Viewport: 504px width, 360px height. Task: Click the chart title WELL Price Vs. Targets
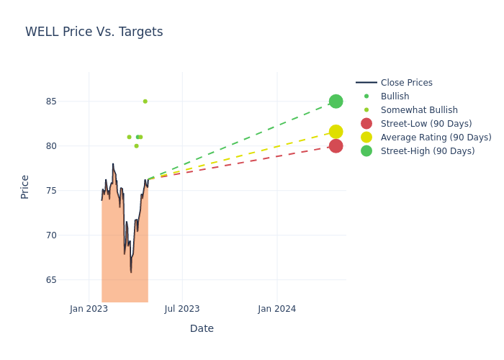point(94,32)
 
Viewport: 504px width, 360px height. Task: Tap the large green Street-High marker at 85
point(336,102)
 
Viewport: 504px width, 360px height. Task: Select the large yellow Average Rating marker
point(336,132)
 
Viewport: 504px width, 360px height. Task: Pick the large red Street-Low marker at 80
point(336,146)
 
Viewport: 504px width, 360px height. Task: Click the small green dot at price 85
point(145,102)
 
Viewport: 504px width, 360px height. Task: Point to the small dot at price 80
point(136,146)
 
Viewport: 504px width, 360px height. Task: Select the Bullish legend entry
point(395,96)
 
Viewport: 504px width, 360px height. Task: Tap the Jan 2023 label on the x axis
point(89,309)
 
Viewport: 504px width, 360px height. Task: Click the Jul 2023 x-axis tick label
point(182,309)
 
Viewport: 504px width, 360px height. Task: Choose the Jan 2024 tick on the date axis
point(276,309)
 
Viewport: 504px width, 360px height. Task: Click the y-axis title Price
point(25,186)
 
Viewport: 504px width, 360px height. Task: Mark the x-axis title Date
point(202,328)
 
